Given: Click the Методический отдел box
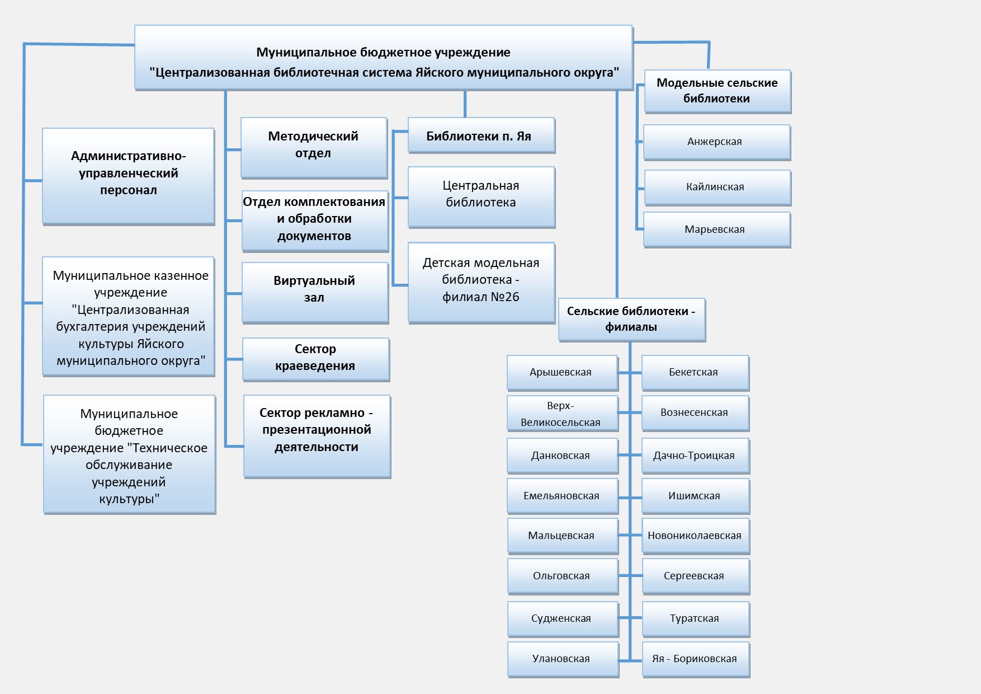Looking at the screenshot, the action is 314,148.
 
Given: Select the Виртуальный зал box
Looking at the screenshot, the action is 315,292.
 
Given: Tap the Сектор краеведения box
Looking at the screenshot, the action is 316,359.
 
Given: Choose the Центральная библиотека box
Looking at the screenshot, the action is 481,197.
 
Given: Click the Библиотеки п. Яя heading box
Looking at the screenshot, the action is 481,135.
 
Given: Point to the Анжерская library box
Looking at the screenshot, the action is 717,142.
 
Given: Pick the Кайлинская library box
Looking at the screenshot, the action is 718,187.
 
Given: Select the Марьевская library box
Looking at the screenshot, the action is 717,229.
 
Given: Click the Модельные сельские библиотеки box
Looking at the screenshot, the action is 718,91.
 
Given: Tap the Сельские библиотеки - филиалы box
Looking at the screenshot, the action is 632,320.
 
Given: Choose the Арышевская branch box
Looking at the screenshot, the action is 563,373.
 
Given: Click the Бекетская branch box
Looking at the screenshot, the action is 695,373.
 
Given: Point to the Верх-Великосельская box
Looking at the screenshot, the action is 563,414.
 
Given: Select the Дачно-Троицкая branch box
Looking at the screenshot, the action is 696,456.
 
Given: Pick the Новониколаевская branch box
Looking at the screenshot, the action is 696,536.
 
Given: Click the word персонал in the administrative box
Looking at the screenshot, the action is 129,190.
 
